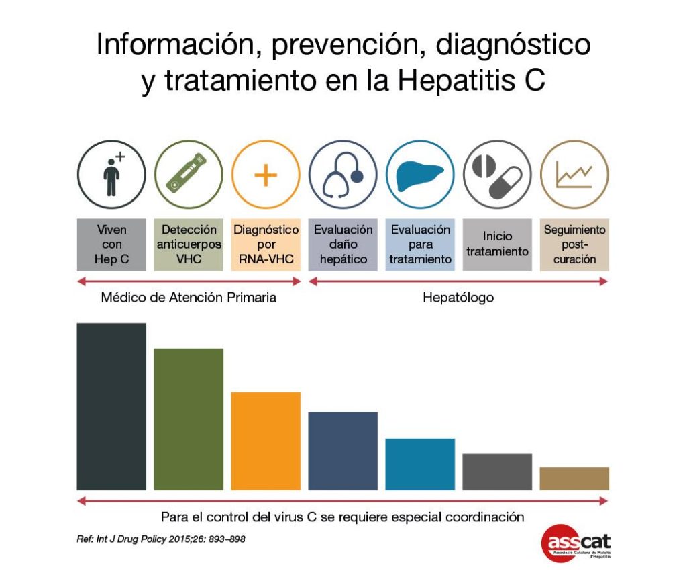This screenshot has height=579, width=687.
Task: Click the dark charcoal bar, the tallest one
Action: pos(111,406)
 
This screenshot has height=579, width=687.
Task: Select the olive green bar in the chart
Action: pos(189,419)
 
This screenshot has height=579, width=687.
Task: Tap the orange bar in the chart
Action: pos(266,441)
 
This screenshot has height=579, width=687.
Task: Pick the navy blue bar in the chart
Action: pos(343,451)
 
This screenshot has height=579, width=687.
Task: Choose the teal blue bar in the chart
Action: pos(420,464)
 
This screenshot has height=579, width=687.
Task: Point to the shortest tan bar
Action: pos(574,478)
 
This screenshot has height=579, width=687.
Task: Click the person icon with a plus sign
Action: pos(111,175)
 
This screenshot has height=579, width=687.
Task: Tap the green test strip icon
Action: pos(189,175)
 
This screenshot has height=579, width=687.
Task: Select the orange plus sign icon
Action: pos(266,175)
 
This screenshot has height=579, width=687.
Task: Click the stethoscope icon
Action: pos(343,175)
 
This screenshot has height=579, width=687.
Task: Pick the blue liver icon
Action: pos(420,175)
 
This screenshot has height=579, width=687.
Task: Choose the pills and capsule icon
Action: pos(497,175)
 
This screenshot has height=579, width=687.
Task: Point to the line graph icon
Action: pos(574,175)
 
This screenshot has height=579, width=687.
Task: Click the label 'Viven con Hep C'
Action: pos(111,244)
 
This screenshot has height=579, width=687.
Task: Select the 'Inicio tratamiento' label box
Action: pos(497,244)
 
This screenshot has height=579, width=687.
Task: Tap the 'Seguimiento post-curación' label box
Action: pos(574,244)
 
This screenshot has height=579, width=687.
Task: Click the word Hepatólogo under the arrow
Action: pos(458,298)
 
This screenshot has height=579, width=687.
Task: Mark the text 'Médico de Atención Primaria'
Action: pos(189,298)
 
